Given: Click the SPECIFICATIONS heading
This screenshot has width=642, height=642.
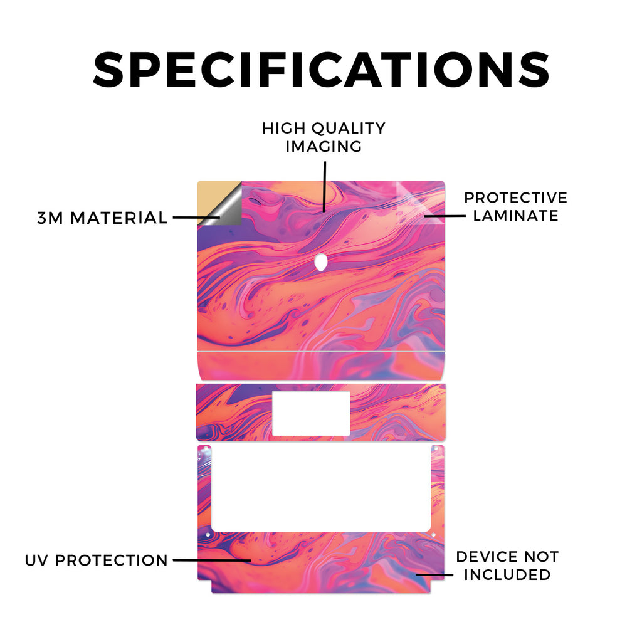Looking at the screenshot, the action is [321, 70].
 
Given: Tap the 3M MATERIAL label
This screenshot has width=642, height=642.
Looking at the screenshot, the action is [102, 218].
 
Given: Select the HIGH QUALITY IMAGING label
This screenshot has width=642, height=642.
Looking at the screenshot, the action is [324, 137].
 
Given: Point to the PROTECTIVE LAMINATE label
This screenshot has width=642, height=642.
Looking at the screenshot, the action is [515, 206].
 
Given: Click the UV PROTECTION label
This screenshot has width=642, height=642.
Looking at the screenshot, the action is [96, 560].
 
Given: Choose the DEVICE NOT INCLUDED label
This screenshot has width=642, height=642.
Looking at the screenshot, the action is [507, 566].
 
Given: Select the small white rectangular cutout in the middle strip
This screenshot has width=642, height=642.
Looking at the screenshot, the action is [311, 413].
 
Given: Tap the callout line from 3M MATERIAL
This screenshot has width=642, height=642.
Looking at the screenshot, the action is [196, 218].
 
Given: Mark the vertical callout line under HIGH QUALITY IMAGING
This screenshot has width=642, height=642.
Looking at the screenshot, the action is [324, 186].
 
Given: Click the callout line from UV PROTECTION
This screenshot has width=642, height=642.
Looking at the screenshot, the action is [212, 560].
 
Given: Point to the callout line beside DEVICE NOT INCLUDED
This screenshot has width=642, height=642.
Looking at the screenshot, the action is [434, 575].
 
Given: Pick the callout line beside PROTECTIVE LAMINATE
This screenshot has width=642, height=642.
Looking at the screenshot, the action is [445, 216].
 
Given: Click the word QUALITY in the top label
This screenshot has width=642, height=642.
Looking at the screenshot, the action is [349, 129].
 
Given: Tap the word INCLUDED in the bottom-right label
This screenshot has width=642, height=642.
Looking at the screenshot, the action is [507, 574].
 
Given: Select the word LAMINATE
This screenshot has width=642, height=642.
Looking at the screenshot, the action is [515, 216].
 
